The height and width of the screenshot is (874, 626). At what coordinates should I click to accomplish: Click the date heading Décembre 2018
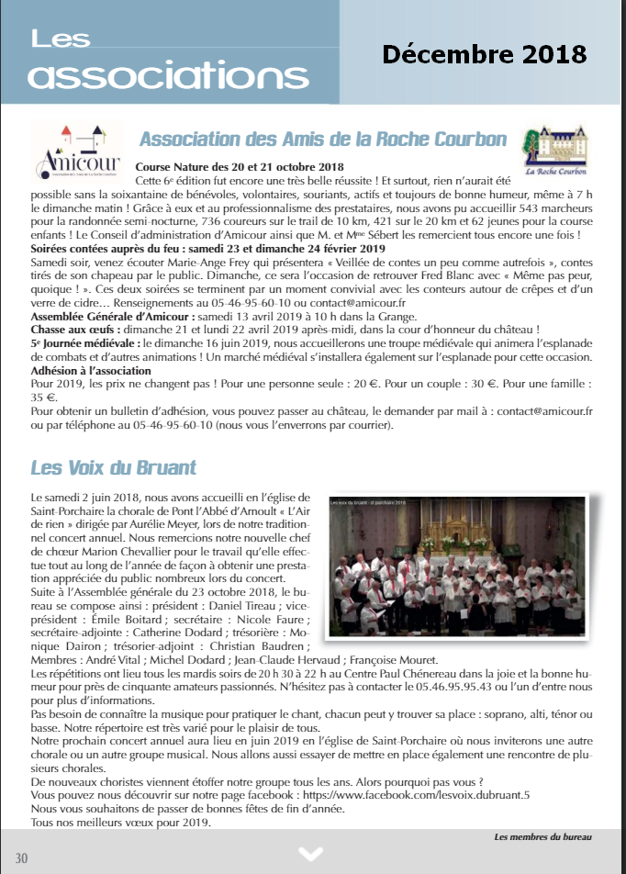pos(484,53)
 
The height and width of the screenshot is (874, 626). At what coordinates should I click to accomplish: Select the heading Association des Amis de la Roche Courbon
pos(322,140)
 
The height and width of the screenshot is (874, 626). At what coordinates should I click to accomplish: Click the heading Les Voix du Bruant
pos(113,467)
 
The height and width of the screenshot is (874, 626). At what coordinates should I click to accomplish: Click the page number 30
pos(22,857)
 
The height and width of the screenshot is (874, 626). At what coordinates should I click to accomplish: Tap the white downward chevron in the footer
pos(311,854)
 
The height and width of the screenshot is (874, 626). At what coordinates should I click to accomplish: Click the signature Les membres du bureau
pos(542,836)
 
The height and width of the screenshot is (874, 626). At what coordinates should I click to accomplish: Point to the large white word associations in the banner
pos(155,75)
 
